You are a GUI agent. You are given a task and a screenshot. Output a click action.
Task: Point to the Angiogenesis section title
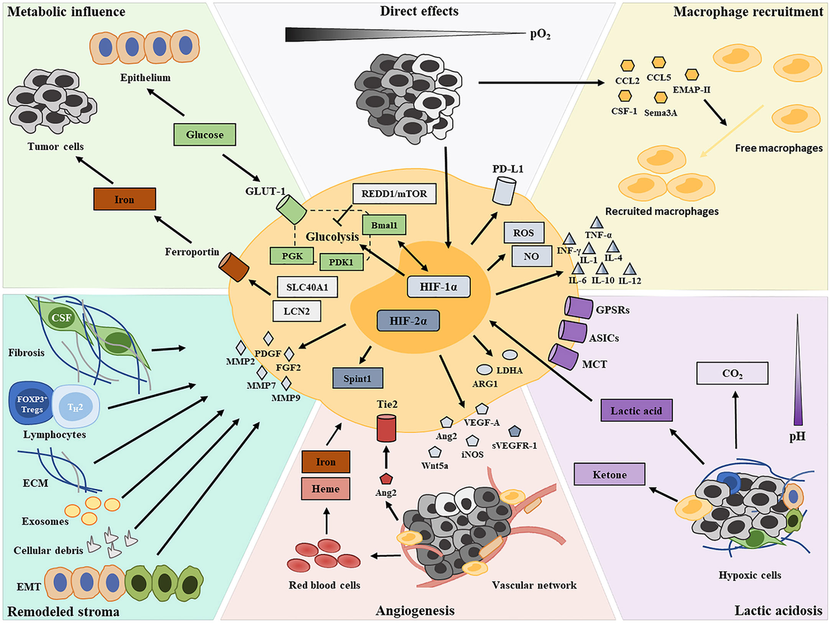point(414,611)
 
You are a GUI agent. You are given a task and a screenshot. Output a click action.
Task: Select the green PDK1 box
point(342,262)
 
